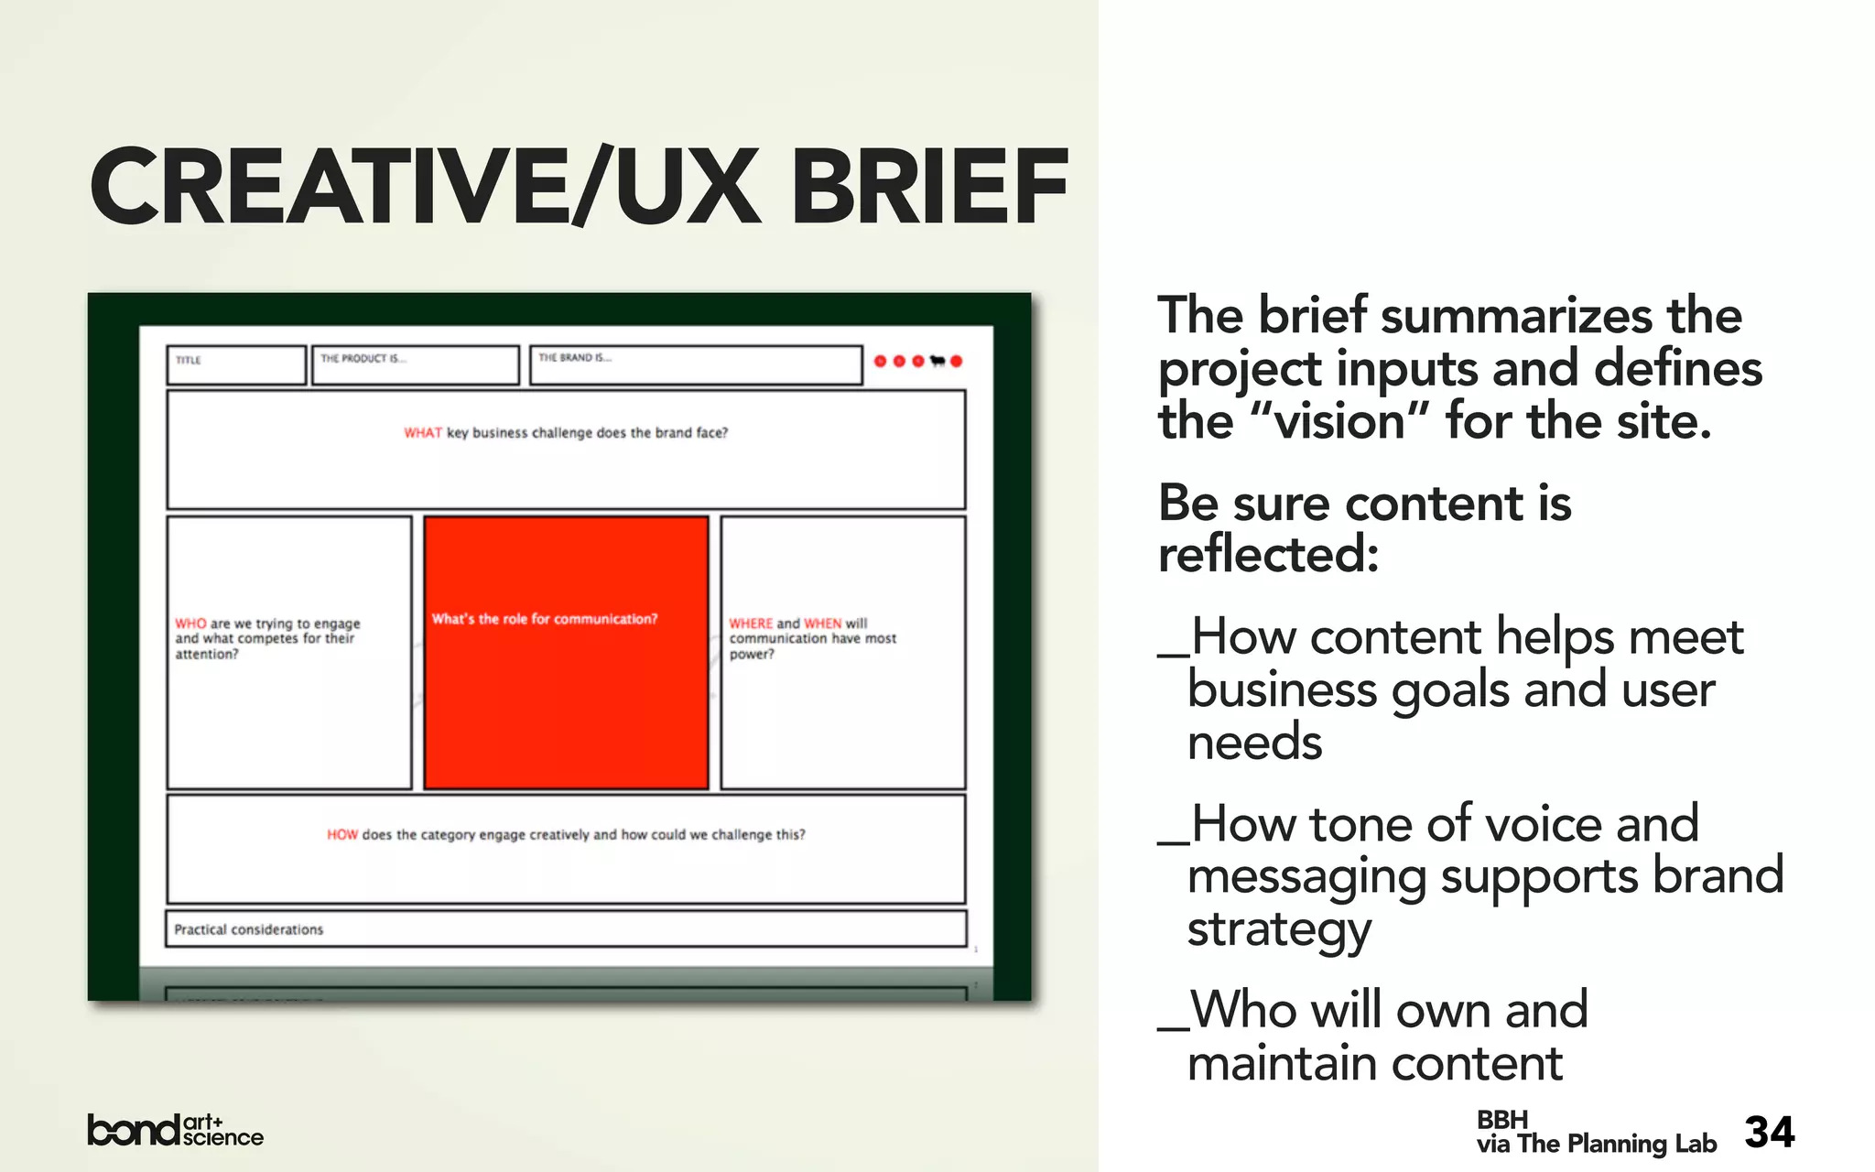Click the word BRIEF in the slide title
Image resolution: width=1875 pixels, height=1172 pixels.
pyautogui.click(x=929, y=188)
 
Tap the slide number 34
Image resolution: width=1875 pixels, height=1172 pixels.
pyautogui.click(x=1769, y=1133)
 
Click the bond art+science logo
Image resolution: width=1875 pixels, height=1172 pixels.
pyautogui.click(x=175, y=1130)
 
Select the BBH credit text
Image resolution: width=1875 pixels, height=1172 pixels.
pyautogui.click(x=1501, y=1120)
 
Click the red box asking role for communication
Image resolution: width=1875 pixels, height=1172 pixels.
pyautogui.click(x=566, y=652)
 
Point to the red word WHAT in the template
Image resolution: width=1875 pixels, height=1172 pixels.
pyautogui.click(x=422, y=433)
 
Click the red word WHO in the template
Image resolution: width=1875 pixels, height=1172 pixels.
pyautogui.click(x=190, y=624)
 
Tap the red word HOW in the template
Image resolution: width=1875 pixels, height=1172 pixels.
pyautogui.click(x=341, y=835)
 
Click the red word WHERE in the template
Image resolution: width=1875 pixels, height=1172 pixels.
pyautogui.click(x=751, y=624)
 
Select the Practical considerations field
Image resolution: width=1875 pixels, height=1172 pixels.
pyautogui.click(x=566, y=928)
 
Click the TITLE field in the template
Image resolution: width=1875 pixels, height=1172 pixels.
pyautogui.click(x=236, y=364)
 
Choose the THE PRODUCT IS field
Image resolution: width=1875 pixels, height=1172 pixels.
pyautogui.click(x=415, y=364)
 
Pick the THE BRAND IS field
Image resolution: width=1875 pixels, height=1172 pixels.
pyautogui.click(x=695, y=364)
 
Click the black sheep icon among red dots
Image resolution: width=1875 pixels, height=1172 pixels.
pyautogui.click(x=937, y=361)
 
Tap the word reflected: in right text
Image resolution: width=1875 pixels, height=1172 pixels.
pyautogui.click(x=1268, y=555)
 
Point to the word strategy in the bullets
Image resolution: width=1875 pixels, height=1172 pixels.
pyautogui.click(x=1279, y=929)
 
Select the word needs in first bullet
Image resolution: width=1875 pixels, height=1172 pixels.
pyautogui.click(x=1254, y=742)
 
